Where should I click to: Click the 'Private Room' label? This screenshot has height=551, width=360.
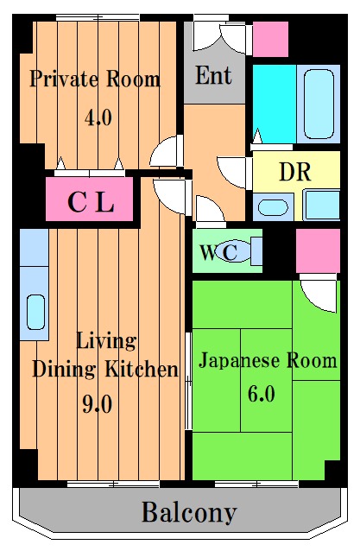coord(95,80)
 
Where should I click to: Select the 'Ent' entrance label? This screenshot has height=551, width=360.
coord(213,76)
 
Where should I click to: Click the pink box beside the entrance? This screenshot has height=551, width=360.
coord(269,39)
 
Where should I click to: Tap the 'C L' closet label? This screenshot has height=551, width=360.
coord(91,204)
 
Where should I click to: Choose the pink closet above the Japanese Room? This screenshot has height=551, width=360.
coord(317,251)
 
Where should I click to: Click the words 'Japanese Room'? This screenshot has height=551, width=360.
coord(268,360)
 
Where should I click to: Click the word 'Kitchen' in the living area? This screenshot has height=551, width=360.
coord(144,370)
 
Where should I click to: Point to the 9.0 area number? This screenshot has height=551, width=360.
coord(98,403)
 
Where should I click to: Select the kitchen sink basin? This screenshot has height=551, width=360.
coord(35,312)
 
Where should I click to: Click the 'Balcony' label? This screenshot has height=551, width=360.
coord(188,514)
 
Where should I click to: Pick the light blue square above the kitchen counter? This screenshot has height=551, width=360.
coord(34,248)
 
